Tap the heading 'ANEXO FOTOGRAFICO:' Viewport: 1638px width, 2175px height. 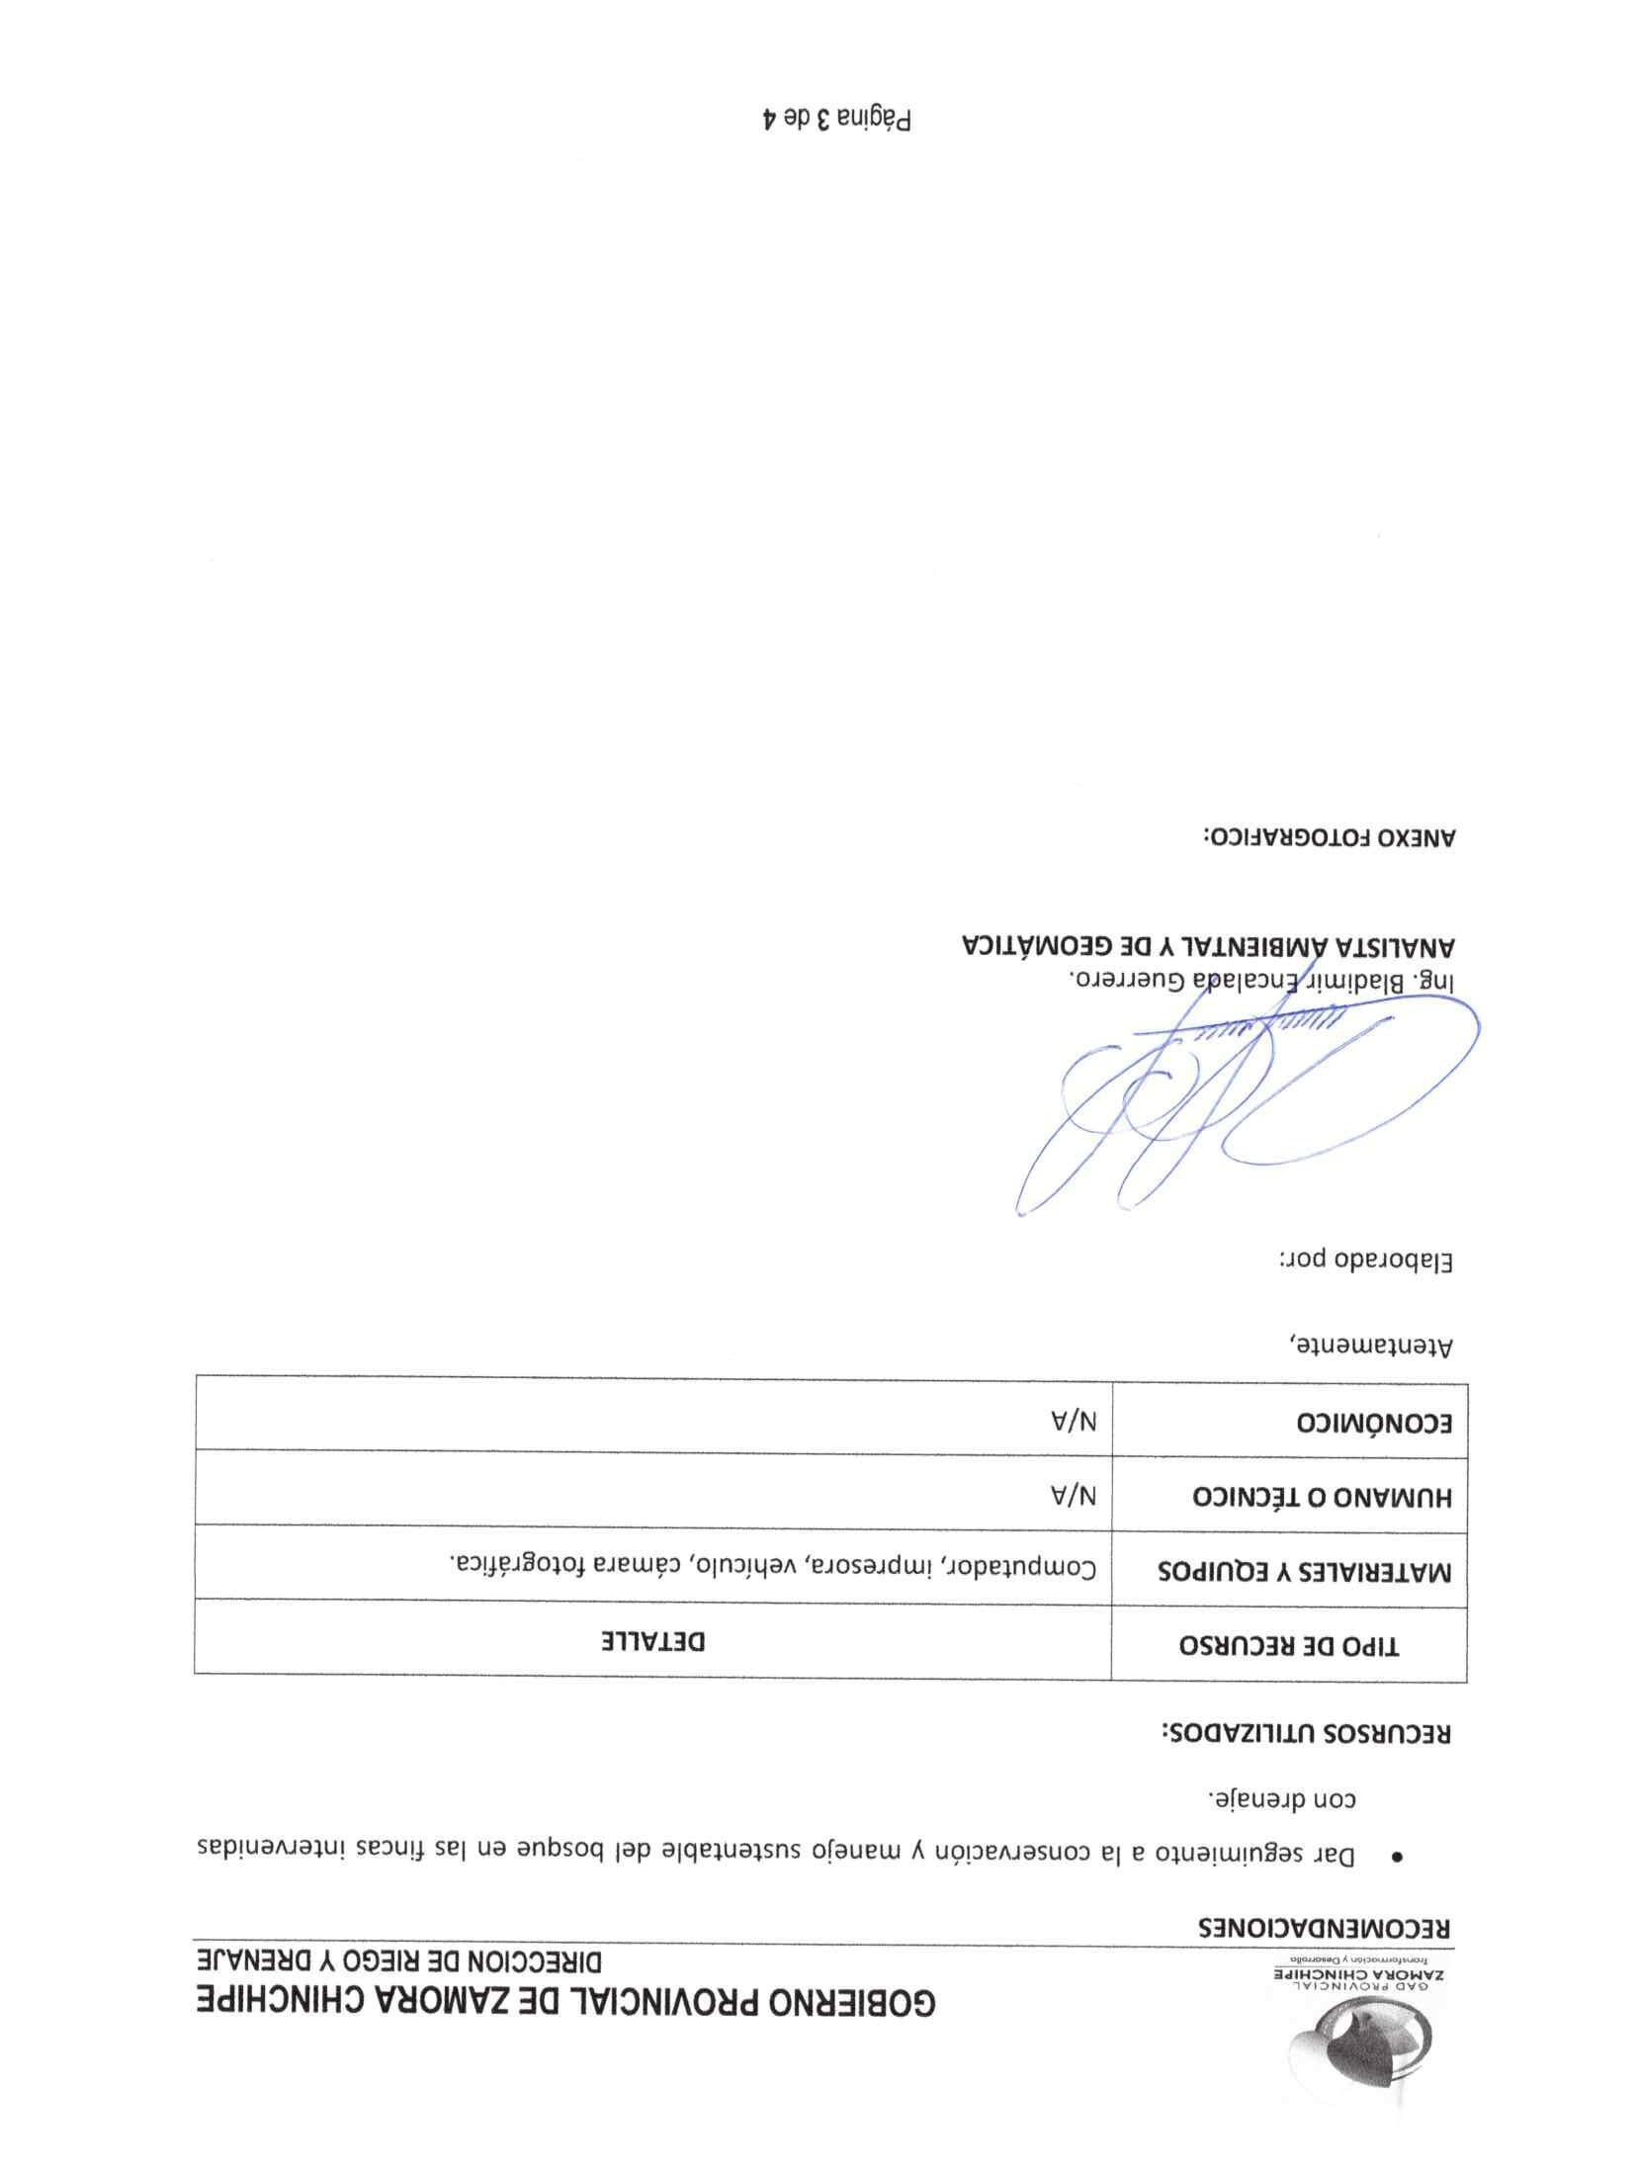click(x=1329, y=835)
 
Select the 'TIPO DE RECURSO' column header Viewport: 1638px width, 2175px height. click(x=1289, y=1646)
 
